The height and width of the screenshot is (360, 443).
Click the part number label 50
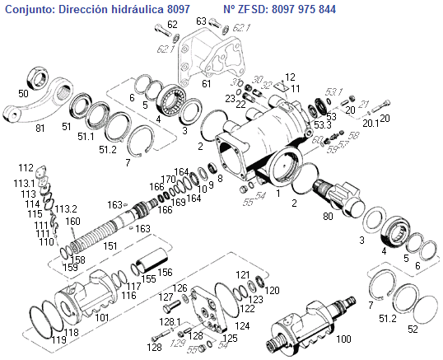click(x=23, y=95)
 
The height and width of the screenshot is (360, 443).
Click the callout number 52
click(x=413, y=330)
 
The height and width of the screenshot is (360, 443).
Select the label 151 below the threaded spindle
click(x=110, y=245)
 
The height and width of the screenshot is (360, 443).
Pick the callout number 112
click(x=26, y=167)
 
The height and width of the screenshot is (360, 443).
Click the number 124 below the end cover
click(x=242, y=326)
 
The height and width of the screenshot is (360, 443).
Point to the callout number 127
click(x=166, y=297)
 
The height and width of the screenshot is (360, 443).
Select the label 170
click(x=169, y=179)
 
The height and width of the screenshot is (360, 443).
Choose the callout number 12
click(x=290, y=76)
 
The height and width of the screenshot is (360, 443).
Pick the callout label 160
click(x=72, y=221)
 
